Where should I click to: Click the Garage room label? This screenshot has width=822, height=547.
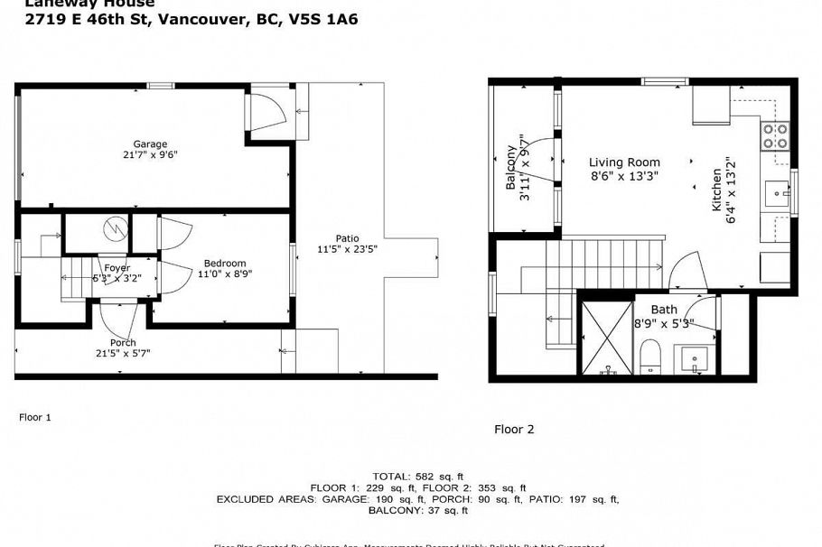(x=151, y=144)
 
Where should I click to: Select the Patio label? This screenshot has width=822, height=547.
(x=347, y=238)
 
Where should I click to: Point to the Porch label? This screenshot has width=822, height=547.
(x=123, y=342)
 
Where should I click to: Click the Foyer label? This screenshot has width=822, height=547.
(x=117, y=268)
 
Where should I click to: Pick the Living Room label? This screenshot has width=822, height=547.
(x=624, y=162)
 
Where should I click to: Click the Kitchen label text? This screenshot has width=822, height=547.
(x=717, y=190)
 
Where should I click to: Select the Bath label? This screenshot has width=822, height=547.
(x=650, y=310)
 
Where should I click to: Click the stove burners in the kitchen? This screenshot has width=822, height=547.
(x=775, y=136)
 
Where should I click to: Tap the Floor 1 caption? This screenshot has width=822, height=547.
(x=35, y=417)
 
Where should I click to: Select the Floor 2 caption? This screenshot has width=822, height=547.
(x=514, y=429)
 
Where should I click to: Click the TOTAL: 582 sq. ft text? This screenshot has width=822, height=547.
(x=417, y=476)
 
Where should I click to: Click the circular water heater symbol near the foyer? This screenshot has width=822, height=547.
(x=114, y=229)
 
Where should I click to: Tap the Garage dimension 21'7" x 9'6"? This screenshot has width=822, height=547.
(x=151, y=154)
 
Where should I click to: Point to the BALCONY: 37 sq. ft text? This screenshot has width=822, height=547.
(x=417, y=511)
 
